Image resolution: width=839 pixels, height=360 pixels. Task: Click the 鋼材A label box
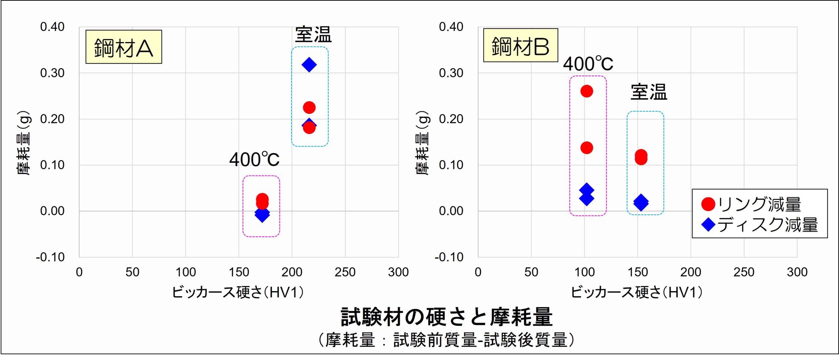click(x=124, y=47)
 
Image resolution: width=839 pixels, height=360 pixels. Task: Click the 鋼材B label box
click(x=520, y=45)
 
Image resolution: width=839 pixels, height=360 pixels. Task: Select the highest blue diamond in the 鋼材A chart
click(x=309, y=65)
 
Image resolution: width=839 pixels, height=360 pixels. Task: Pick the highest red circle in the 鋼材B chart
click(x=587, y=91)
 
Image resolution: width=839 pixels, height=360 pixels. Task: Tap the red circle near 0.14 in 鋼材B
click(x=587, y=148)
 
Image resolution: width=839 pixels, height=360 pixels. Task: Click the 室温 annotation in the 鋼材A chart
click(x=313, y=35)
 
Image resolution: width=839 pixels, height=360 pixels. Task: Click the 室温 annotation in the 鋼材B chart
click(x=649, y=92)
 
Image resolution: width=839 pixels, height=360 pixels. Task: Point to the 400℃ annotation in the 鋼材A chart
click(x=254, y=160)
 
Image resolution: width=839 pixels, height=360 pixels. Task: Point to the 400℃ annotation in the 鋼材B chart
click(x=588, y=64)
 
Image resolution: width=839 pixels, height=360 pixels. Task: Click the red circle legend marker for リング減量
click(x=708, y=204)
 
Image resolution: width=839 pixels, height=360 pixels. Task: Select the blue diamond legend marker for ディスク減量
click(x=708, y=225)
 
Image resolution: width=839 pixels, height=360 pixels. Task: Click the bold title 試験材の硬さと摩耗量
click(x=447, y=317)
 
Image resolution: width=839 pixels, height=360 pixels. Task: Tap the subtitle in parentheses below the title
click(x=446, y=340)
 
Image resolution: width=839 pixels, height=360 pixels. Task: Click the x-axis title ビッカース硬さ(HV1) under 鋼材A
click(x=238, y=292)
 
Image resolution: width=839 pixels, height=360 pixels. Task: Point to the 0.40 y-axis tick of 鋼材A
click(x=52, y=27)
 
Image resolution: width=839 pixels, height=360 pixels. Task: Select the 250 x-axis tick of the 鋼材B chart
click(x=744, y=272)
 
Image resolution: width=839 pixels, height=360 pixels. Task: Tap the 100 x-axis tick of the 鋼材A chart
click(x=185, y=272)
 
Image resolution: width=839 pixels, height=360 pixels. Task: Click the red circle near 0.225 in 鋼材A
click(x=309, y=107)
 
